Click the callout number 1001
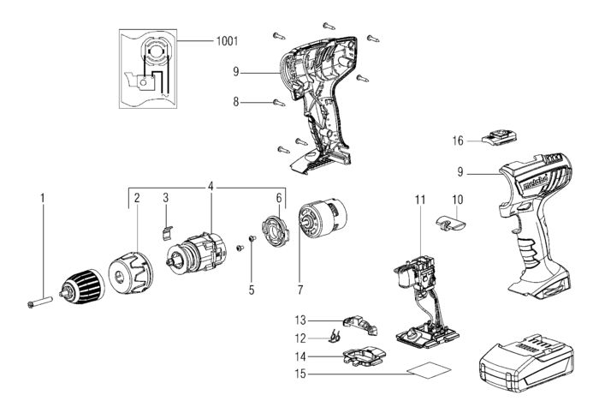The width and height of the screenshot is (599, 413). click(227, 40)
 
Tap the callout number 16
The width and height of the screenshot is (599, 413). click(458, 141)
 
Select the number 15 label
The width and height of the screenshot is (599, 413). click(300, 374)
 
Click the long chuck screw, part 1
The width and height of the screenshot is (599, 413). click(39, 302)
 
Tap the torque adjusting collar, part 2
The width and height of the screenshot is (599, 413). click(131, 272)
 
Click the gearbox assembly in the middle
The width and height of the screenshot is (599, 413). click(197, 254)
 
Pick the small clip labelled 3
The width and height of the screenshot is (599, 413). click(165, 232)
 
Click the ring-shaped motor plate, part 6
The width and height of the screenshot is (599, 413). click(276, 231)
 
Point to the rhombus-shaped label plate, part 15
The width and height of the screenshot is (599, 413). click(429, 370)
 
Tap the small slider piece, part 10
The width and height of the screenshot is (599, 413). click(451, 223)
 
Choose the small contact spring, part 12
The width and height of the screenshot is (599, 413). click(335, 337)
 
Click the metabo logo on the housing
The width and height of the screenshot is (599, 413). click(535, 183)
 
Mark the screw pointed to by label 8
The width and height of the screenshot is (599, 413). click(279, 103)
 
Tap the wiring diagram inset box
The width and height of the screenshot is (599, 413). click(148, 69)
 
